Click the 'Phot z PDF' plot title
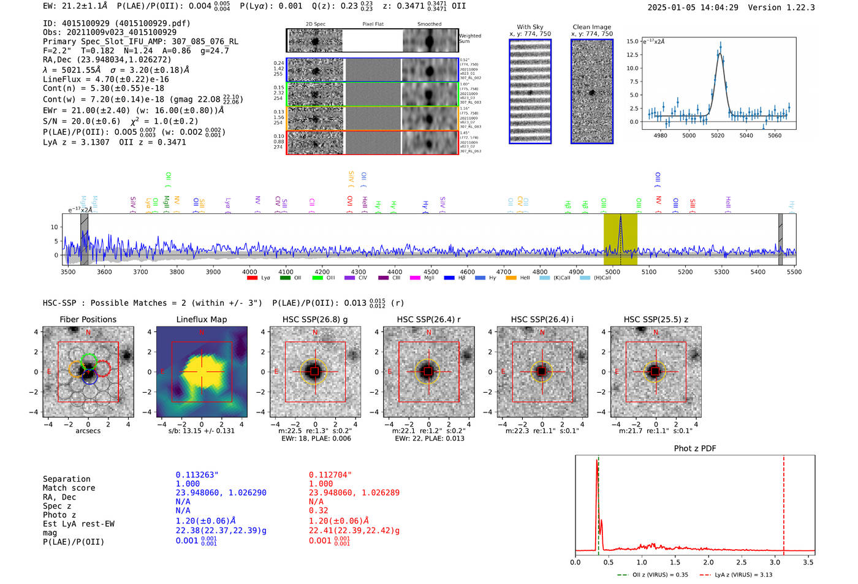point(694,449)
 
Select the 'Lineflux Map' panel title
point(201,319)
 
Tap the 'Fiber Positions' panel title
point(88,319)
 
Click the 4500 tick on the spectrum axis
point(431,272)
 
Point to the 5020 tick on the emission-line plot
point(717,135)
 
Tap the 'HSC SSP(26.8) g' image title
point(315,319)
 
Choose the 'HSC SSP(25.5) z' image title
point(656,319)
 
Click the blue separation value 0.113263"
point(197,475)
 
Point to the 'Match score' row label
point(69,488)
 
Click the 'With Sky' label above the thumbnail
point(530,27)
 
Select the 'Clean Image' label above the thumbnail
point(591,27)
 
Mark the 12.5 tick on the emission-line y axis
point(632,55)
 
